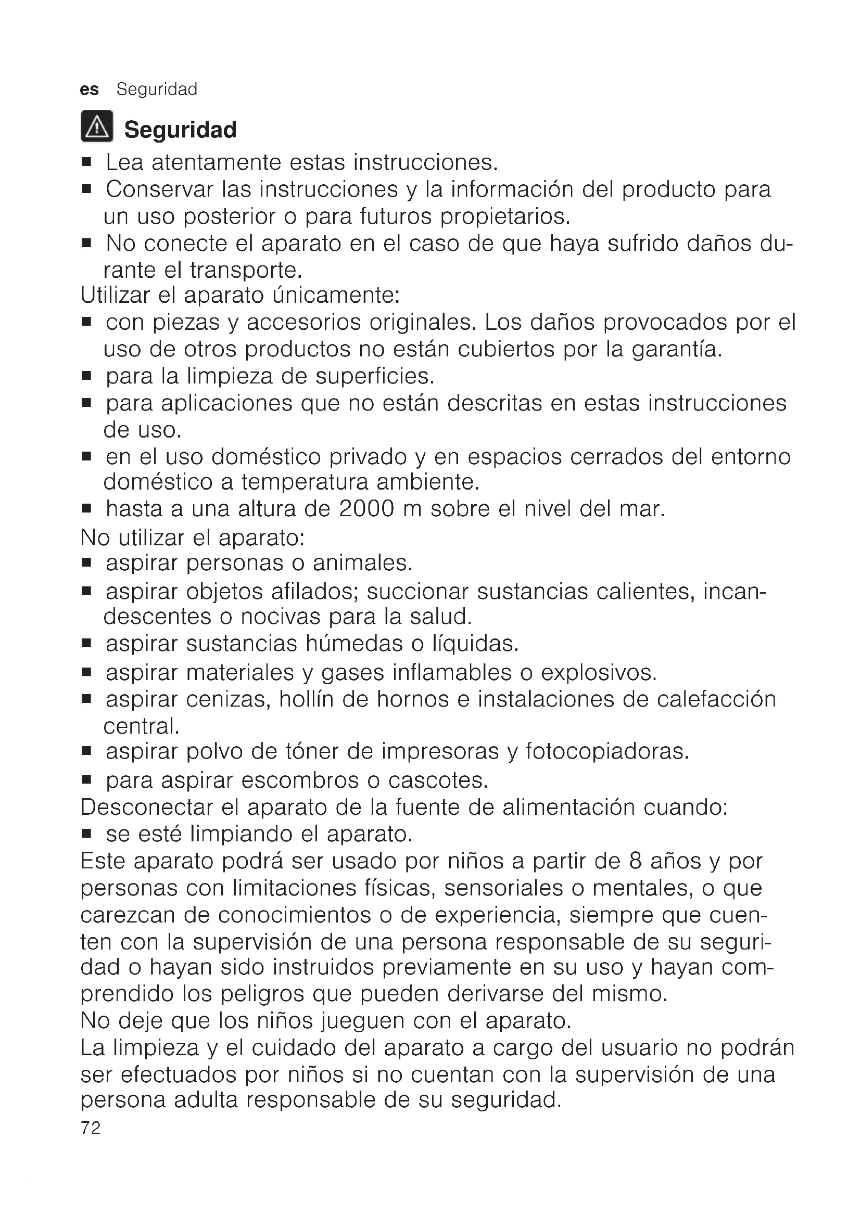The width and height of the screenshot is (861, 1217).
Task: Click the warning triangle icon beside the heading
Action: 96,126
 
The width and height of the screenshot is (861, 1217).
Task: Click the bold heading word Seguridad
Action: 180,130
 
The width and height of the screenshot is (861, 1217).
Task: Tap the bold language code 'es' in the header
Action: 89,90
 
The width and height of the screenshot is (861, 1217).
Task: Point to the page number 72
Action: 91,1128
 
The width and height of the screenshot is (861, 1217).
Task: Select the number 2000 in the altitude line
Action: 366,509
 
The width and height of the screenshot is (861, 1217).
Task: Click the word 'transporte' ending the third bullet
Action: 246,271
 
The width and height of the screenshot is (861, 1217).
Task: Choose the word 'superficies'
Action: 374,376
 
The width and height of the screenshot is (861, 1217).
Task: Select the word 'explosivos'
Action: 598,673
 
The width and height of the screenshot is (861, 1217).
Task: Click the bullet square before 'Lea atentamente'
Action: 87,162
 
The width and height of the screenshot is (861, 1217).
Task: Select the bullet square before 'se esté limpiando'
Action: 87,834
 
